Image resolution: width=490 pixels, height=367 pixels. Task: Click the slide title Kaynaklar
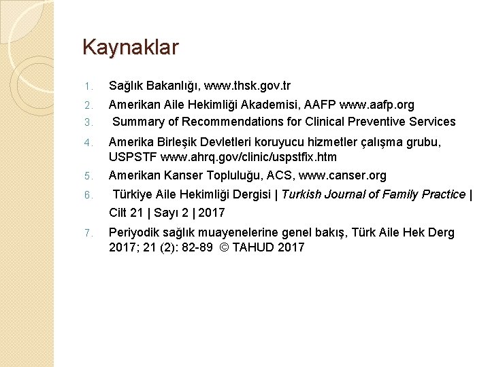click(x=130, y=48)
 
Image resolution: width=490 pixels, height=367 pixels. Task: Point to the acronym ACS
click(x=277, y=175)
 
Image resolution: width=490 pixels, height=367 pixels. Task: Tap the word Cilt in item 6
click(x=120, y=213)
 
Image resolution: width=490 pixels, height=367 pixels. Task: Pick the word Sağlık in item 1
click(x=127, y=86)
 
